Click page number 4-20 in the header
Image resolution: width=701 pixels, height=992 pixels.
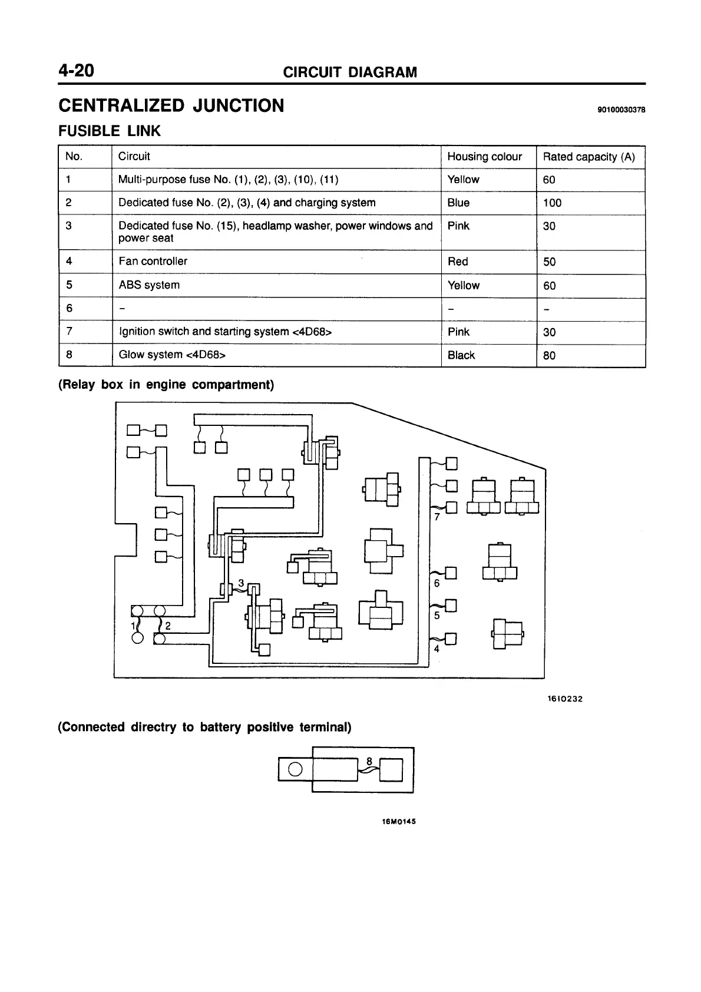point(76,71)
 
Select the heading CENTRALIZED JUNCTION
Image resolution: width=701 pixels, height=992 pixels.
point(171,106)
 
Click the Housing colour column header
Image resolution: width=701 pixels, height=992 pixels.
point(484,157)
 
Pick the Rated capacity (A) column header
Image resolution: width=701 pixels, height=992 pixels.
point(588,157)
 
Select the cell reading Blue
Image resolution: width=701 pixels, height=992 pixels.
point(458,203)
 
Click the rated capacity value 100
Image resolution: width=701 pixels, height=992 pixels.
point(552,203)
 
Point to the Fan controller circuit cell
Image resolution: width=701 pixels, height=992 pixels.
point(153,261)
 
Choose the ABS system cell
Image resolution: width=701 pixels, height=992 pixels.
point(149,285)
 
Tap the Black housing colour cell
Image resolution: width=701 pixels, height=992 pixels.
point(461,355)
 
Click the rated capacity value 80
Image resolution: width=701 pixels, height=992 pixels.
point(549,355)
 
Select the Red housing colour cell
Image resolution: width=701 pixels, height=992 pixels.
point(458,262)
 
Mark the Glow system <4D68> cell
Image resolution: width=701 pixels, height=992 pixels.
point(172,355)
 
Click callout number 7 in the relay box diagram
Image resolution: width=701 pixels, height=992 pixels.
point(437,517)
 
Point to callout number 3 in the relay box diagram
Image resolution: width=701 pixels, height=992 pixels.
point(240,583)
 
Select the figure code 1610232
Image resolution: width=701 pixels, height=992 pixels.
point(564,699)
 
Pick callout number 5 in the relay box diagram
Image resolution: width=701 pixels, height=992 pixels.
point(437,616)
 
